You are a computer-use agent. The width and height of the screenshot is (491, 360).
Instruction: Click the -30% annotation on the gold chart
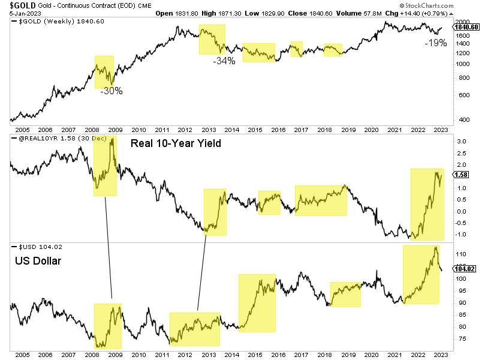(x=112, y=92)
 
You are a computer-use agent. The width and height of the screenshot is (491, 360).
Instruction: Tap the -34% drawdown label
(x=223, y=61)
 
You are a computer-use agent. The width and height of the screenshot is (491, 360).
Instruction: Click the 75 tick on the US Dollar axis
(x=462, y=340)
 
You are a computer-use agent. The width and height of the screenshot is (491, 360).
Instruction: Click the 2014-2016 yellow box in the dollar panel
(x=257, y=303)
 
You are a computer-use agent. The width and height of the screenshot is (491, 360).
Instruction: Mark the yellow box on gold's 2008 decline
(x=104, y=72)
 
